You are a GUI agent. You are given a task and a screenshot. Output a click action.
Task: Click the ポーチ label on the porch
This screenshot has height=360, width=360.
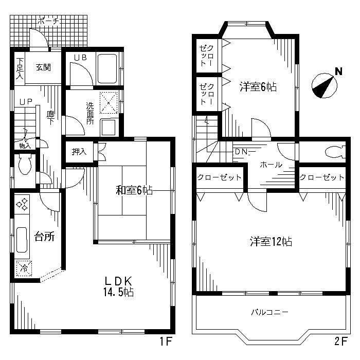[48, 22]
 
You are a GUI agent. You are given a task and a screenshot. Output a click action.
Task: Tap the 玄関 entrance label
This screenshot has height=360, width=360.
[43, 67]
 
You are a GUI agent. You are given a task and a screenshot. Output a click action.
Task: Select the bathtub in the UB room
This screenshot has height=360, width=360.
[107, 68]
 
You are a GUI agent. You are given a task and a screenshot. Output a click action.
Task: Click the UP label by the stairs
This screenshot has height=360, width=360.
[26, 102]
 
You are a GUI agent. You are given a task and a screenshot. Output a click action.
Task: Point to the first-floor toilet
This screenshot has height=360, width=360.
[25, 164]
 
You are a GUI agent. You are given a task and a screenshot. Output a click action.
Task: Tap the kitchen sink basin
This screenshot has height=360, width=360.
[22, 240]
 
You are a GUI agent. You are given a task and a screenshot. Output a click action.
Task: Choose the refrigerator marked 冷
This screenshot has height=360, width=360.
[24, 268]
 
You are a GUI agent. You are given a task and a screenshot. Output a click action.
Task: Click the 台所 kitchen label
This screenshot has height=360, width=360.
[44, 237]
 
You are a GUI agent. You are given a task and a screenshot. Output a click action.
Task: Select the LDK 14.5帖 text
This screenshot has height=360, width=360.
[118, 287]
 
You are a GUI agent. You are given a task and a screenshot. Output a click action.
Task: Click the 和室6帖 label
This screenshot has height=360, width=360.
[134, 190]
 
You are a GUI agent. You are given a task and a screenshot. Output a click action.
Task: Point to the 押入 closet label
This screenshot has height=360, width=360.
[79, 152]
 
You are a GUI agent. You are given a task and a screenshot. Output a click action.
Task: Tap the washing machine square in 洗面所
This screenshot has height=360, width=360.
[109, 103]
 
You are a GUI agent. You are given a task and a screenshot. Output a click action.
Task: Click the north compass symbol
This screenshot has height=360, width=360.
[324, 86]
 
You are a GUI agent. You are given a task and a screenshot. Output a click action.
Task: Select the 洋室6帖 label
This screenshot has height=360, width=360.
[258, 87]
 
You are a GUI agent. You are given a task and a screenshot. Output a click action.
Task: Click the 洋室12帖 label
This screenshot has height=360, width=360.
[271, 242]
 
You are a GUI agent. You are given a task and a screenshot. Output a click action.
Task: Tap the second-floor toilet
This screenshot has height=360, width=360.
[335, 152]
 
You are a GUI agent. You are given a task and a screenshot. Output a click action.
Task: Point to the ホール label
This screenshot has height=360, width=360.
[271, 165]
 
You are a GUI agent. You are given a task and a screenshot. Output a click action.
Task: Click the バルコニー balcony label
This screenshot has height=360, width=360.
[269, 312]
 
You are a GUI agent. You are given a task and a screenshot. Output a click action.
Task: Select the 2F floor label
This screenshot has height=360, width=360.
[340, 341]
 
